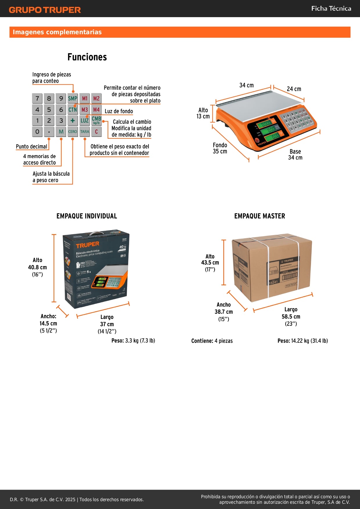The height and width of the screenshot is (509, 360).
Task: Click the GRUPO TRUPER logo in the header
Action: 45,10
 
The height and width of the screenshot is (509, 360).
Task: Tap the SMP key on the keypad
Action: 73,98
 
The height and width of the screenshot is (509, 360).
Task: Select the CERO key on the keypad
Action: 73,132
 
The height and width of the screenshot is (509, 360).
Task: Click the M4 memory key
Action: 96,110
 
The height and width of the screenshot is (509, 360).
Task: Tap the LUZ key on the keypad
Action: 84,121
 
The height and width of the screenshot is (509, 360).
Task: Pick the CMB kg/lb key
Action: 96,120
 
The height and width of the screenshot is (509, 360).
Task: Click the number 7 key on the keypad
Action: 37,98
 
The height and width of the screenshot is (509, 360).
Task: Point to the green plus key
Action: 73,121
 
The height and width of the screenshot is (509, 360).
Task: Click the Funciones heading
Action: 87,57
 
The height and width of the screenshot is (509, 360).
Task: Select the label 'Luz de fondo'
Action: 119,111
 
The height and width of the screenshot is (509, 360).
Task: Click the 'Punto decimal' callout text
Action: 31,147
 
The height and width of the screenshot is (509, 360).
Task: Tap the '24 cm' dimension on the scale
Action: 294,89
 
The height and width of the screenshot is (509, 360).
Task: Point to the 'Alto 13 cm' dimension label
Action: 203,113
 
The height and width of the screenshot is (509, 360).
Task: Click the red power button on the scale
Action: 257,140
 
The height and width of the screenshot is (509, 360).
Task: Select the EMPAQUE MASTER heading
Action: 260,216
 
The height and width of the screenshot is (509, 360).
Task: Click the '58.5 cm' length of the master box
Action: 291,317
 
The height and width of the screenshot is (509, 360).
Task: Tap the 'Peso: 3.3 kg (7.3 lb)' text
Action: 133,341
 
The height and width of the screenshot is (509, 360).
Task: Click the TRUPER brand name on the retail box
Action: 87,245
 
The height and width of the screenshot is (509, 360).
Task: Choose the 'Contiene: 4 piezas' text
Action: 212,341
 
